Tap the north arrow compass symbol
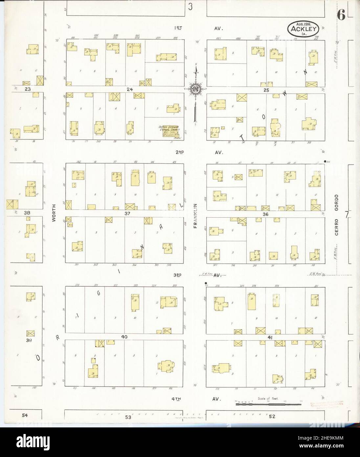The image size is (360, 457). (x=196, y=89)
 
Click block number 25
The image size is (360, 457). (x=266, y=90)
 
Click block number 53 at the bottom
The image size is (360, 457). (x=128, y=417)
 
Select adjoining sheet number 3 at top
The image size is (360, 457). (x=190, y=7)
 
